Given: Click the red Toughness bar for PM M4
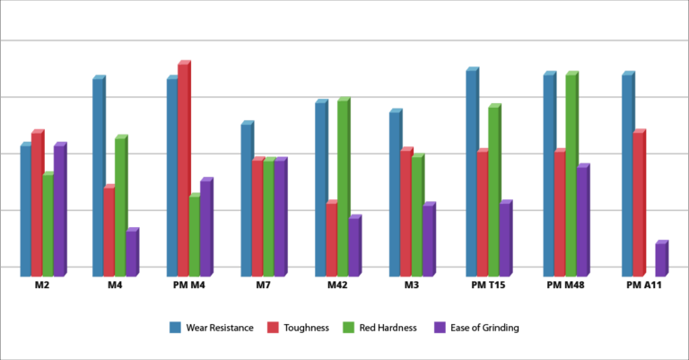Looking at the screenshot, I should (x=183, y=171).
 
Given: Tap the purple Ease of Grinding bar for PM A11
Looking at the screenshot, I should (x=660, y=259).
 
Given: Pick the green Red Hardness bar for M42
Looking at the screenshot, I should (x=343, y=189).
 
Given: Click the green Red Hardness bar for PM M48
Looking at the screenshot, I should (x=571, y=175).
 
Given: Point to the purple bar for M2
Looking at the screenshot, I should (x=59, y=211).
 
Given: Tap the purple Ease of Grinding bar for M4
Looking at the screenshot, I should (x=131, y=253).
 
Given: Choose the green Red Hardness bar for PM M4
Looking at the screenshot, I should (x=194, y=236).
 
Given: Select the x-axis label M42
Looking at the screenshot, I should (x=337, y=285).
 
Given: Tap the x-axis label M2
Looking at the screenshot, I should (x=41, y=285).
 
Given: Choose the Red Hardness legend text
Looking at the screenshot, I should (x=388, y=328).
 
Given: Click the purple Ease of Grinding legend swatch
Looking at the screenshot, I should (x=440, y=328).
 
